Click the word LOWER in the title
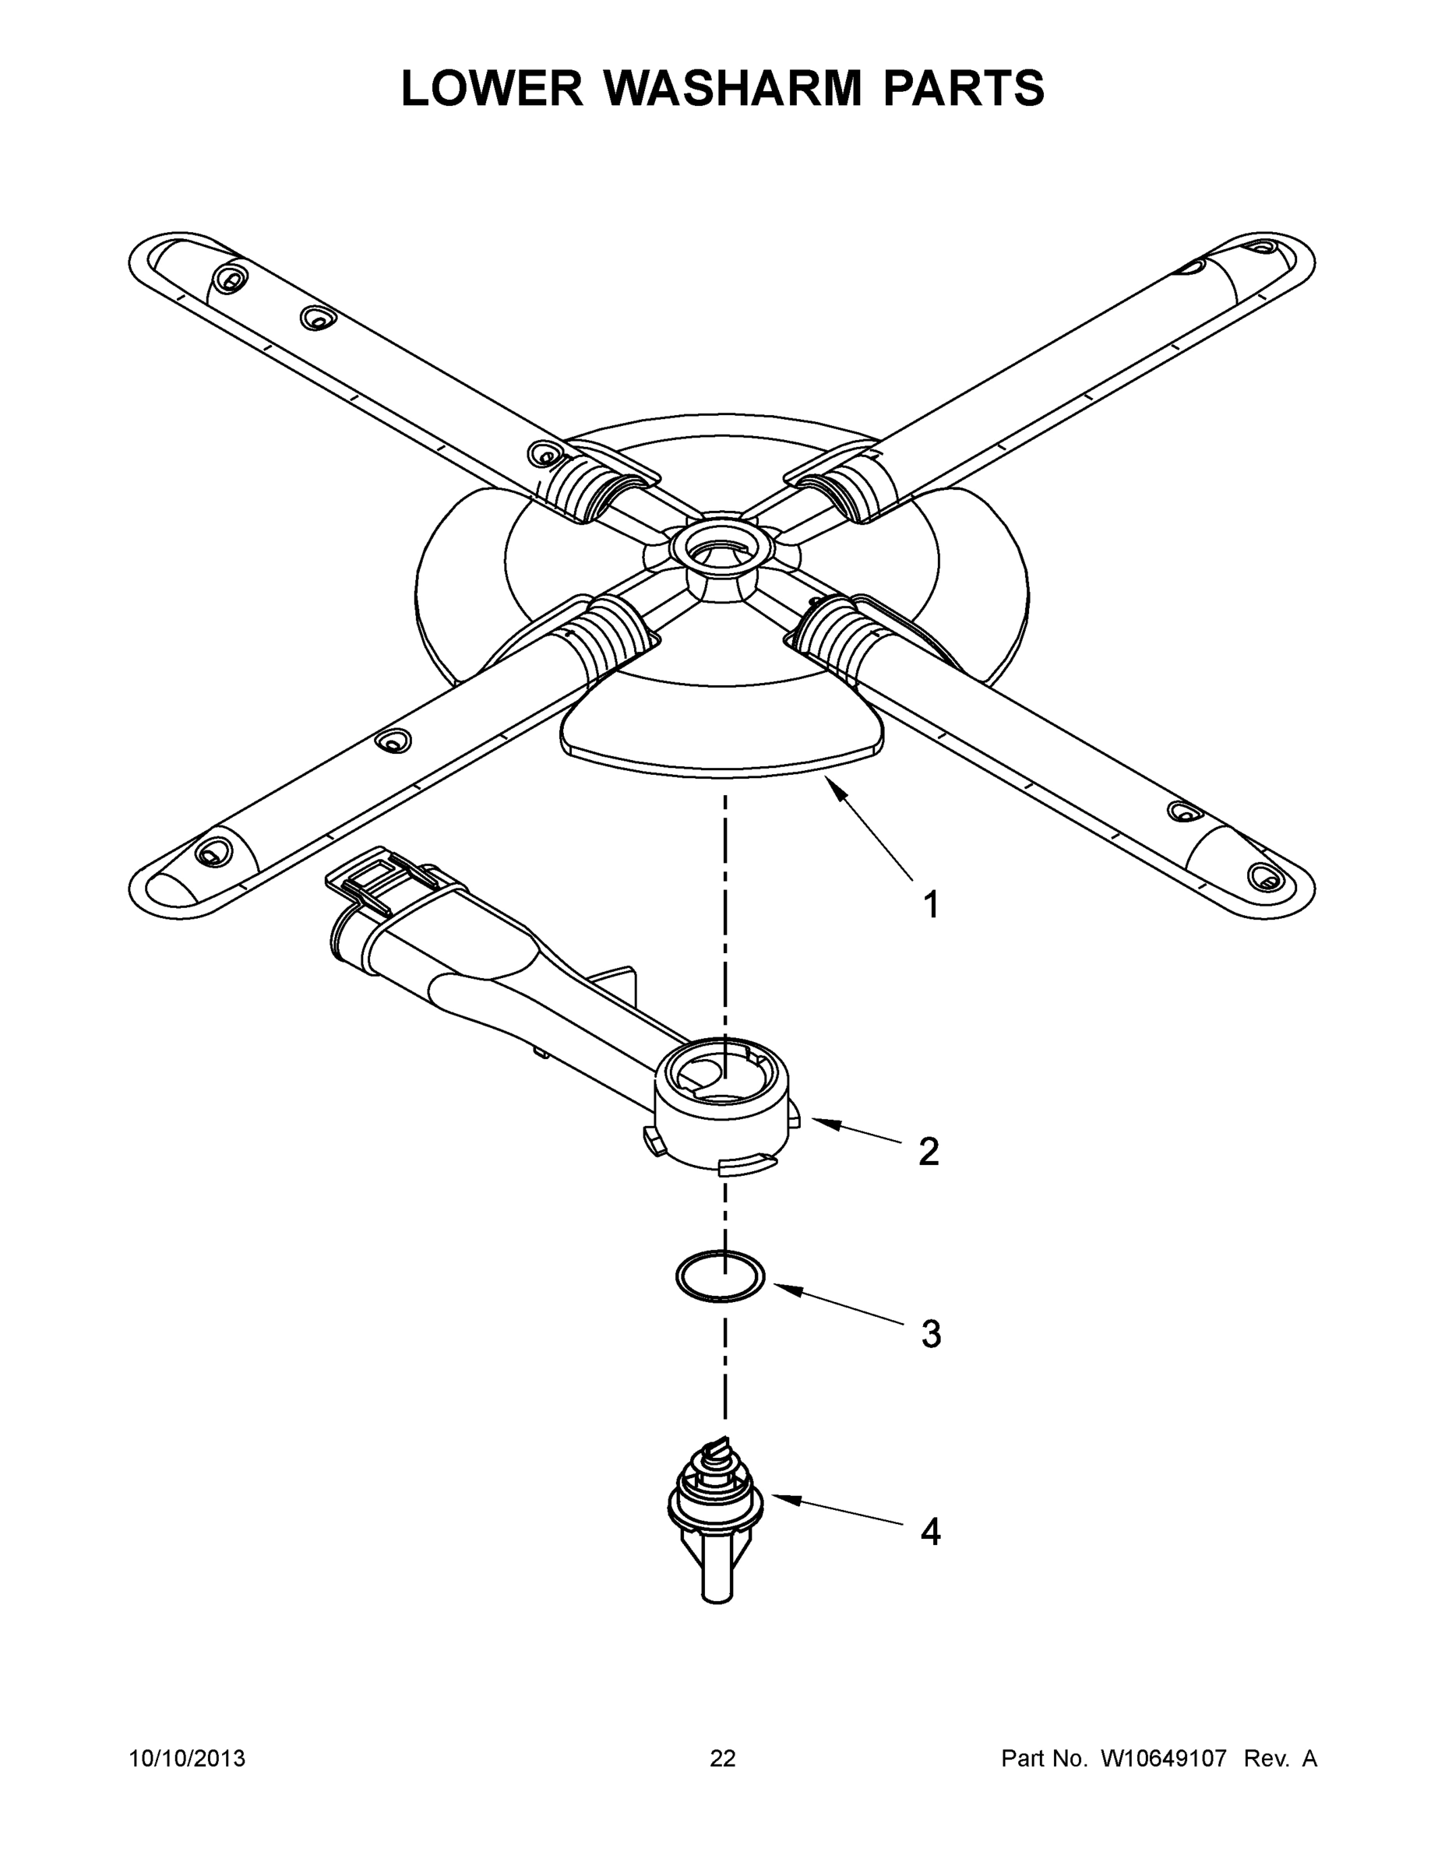(492, 88)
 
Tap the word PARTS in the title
(963, 88)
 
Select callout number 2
(929, 1153)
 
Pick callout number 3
(932, 1334)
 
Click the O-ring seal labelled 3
(720, 1276)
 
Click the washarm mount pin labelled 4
(716, 1515)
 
